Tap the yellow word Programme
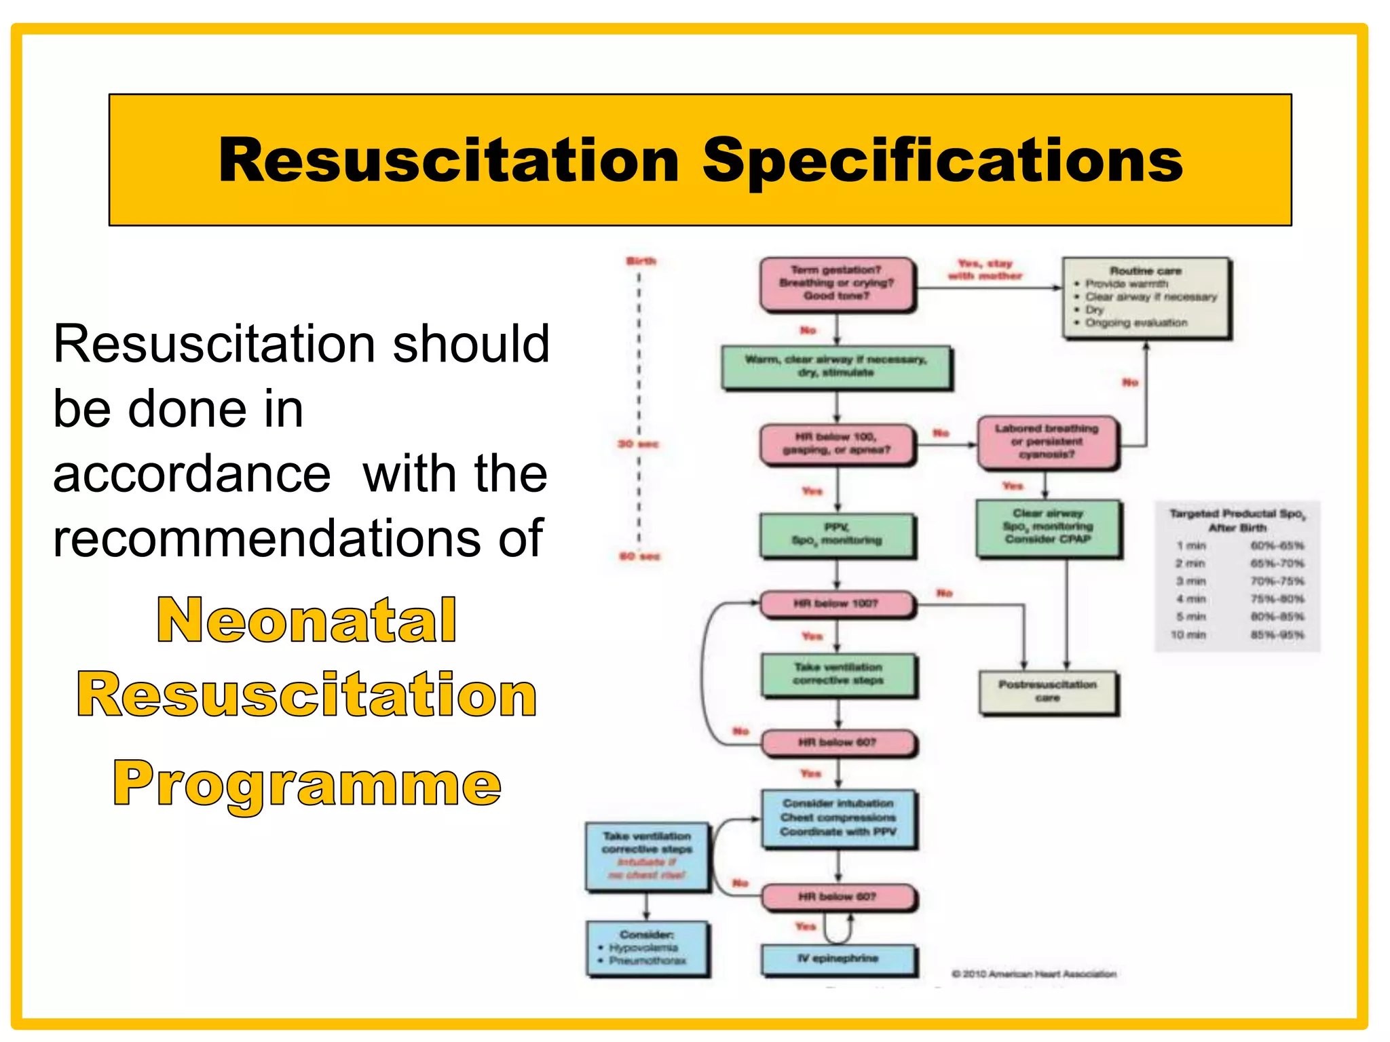coord(307,783)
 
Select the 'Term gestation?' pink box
coord(837,284)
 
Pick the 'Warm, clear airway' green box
coord(836,367)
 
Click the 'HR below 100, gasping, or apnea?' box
coord(837,444)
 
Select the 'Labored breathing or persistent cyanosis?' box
coord(1047,442)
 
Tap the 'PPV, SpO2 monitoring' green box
coord(837,535)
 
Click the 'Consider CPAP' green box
coord(1048,527)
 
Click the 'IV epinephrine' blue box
coord(838,959)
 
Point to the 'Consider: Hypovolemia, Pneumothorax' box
coord(647,948)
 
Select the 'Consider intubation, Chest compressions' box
coord(838,818)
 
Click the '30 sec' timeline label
coord(638,444)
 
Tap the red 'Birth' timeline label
coord(641,261)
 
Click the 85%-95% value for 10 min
coord(1277,635)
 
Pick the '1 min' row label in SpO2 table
coord(1191,545)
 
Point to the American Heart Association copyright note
coord(1034,974)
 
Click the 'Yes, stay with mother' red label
coord(985,269)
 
